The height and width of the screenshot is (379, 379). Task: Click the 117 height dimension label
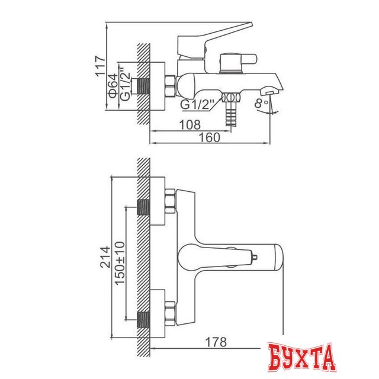(x=100, y=66)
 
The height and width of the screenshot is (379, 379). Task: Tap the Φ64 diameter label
(x=113, y=86)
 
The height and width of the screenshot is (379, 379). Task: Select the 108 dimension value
(x=190, y=125)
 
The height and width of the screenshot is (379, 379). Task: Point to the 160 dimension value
(x=209, y=137)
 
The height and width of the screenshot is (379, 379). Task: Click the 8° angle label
(x=261, y=103)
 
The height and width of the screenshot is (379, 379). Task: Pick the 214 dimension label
(x=105, y=257)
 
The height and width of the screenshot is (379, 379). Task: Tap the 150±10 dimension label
(x=120, y=263)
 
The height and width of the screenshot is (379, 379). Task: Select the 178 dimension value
(x=216, y=342)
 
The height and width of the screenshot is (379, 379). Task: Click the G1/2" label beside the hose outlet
(x=197, y=105)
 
